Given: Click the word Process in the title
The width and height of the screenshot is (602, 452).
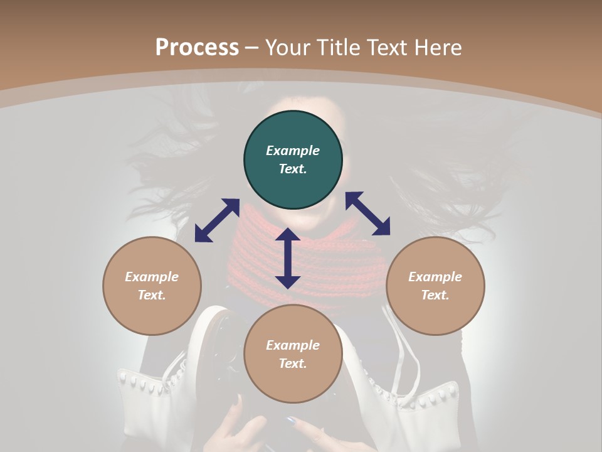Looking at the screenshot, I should pyautogui.click(x=197, y=48).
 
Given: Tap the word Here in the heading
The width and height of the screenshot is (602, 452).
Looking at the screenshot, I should pyautogui.click(x=438, y=48).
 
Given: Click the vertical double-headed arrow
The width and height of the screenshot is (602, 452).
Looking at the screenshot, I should pyautogui.click(x=288, y=258).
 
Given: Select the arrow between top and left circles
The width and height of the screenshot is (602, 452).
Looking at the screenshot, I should pyautogui.click(x=217, y=220).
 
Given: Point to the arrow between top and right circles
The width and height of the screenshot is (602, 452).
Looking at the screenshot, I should pyautogui.click(x=367, y=213).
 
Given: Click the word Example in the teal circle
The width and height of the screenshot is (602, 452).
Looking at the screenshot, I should pyautogui.click(x=293, y=151).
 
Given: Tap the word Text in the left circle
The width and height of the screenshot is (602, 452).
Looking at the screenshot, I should pyautogui.click(x=152, y=295).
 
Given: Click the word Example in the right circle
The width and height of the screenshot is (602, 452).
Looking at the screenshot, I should pyautogui.click(x=435, y=277).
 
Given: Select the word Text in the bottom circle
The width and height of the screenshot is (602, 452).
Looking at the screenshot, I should pyautogui.click(x=293, y=363).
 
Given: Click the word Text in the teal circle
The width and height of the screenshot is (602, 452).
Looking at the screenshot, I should pyautogui.click(x=293, y=169).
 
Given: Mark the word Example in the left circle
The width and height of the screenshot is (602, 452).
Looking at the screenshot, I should pyautogui.click(x=152, y=277).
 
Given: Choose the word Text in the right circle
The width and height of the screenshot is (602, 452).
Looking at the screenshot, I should pyautogui.click(x=435, y=295).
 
